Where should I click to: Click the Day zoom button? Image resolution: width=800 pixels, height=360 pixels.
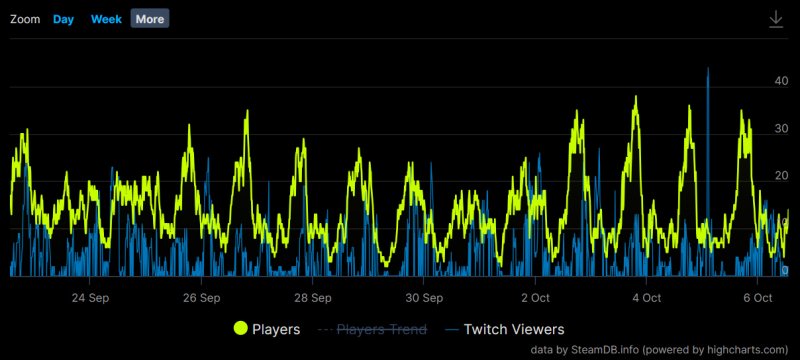pyautogui.click(x=63, y=19)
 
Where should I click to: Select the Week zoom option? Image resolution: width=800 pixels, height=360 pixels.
pyautogui.click(x=106, y=19)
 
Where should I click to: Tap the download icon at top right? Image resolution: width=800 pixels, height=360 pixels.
pyautogui.click(x=775, y=19)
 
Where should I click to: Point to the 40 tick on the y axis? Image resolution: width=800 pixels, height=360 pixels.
pyautogui.click(x=781, y=81)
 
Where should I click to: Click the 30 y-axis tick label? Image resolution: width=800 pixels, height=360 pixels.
pyautogui.click(x=781, y=128)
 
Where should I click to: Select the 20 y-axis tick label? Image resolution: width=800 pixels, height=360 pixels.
pyautogui.click(x=781, y=176)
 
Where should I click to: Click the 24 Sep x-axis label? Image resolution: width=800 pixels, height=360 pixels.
pyautogui.click(x=91, y=297)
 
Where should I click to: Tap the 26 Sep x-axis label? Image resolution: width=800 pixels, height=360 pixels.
pyautogui.click(x=202, y=297)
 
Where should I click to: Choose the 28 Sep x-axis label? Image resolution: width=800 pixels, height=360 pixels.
pyautogui.click(x=313, y=297)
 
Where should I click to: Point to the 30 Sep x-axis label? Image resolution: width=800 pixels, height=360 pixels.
pyautogui.click(x=424, y=297)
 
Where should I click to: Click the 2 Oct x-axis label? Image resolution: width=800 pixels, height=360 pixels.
pyautogui.click(x=535, y=297)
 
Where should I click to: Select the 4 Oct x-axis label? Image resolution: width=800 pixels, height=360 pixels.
pyautogui.click(x=646, y=297)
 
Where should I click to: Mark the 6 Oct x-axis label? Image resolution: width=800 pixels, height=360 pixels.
pyautogui.click(x=757, y=297)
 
